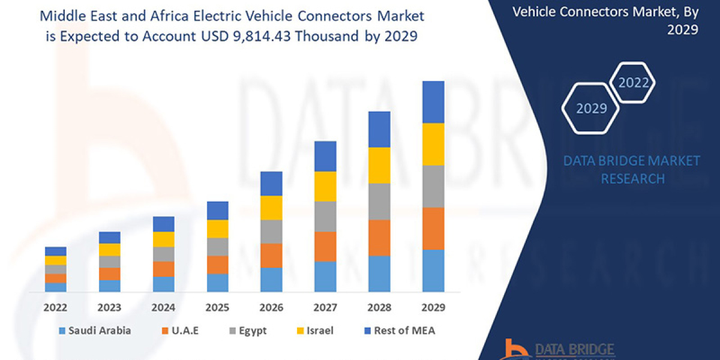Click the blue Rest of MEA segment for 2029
coord(433,102)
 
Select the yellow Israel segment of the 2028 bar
coord(379,165)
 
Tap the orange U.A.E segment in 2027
coord(325,246)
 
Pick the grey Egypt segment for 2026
coord(271,231)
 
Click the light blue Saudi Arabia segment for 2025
coord(217,282)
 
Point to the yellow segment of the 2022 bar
coord(56,260)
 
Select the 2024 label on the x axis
coord(163,308)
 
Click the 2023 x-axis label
coord(109,308)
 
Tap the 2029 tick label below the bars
coord(433,308)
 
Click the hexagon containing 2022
coord(632,83)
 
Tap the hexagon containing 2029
coord(590,109)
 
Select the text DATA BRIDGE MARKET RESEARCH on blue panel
coord(632,169)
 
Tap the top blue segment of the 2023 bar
coord(109,238)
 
